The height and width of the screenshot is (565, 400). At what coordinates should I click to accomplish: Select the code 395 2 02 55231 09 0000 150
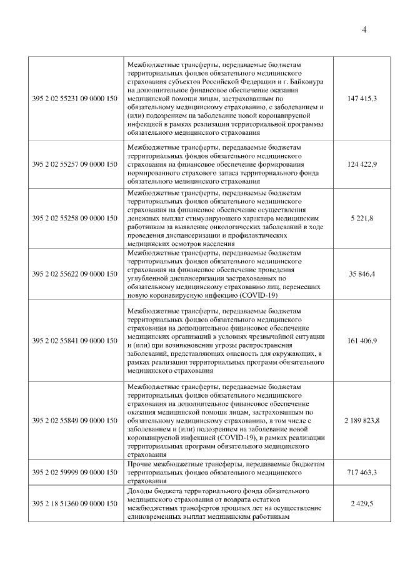74,99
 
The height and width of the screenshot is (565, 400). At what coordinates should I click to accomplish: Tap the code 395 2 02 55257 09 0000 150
74,164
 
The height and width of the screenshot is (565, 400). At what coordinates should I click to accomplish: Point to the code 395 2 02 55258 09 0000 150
74,219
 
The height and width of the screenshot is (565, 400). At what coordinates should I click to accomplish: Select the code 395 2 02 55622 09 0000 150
74,274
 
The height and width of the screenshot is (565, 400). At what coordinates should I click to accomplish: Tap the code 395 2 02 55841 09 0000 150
74,341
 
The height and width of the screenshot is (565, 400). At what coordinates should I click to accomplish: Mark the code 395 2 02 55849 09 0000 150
74,421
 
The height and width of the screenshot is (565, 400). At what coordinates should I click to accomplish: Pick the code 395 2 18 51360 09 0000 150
74,503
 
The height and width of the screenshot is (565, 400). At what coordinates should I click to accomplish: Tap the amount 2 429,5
361,503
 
